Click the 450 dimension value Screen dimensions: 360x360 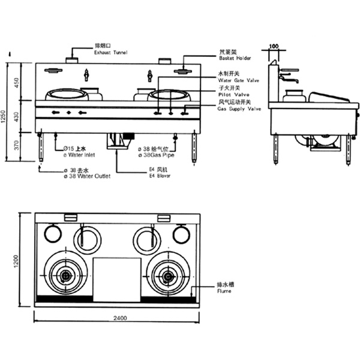tap(18, 82)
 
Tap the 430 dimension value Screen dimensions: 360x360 tap(18, 117)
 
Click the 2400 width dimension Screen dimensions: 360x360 tap(118, 318)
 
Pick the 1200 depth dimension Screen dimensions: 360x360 tap(17, 260)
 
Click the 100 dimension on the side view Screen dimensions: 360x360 tap(274, 46)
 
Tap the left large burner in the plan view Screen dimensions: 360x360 tap(66, 276)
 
